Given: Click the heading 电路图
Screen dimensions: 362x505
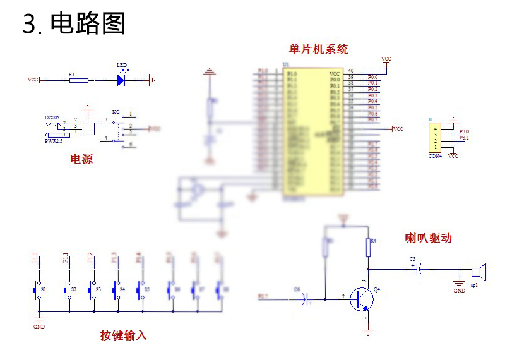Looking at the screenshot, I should coord(88,24).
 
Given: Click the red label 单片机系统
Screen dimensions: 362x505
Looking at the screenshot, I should coord(318,49).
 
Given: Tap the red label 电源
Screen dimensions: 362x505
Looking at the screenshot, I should coord(81,159).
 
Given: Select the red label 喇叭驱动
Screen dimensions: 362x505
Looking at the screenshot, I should coord(428,238).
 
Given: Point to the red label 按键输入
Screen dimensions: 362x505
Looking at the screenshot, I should coord(123,335).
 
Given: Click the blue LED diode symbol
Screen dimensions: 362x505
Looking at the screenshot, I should coord(121,80).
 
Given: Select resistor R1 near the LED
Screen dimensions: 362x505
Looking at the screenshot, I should coord(78,80).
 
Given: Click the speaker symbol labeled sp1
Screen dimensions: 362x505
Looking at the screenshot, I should coord(478,273).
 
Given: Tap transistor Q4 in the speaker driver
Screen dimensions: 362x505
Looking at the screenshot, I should coord(362,298).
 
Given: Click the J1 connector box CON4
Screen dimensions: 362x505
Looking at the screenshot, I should coord(435,138).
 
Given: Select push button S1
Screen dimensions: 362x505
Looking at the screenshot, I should coord(36,289).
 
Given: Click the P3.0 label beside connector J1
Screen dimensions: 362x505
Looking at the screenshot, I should coord(465,131).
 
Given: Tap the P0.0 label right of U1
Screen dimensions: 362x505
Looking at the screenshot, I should coord(372,77).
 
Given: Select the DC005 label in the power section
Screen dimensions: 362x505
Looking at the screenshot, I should coord(52,118).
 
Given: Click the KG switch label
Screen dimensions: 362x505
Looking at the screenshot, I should coord(116,112).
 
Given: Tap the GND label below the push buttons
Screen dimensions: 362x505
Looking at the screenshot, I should coord(39,327).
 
